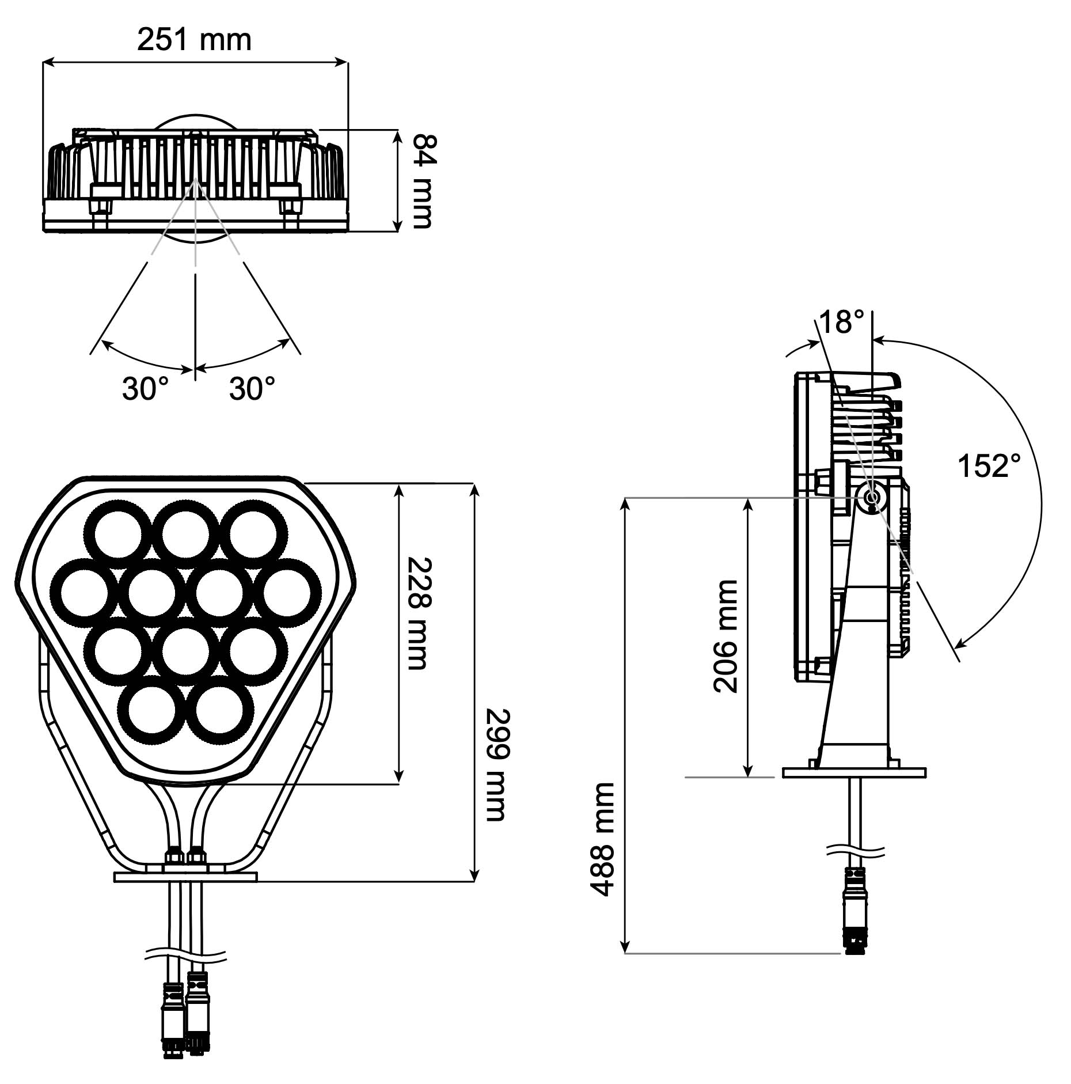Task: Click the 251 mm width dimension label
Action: [x=194, y=40]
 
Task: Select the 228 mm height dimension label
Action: [x=417, y=613]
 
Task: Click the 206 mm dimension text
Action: [x=725, y=636]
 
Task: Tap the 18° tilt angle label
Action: [x=841, y=322]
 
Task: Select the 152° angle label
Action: [x=989, y=466]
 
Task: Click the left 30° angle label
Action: [x=145, y=389]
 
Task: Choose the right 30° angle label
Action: [x=252, y=389]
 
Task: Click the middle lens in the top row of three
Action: [x=185, y=534]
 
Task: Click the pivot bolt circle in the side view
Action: [x=872, y=496]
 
